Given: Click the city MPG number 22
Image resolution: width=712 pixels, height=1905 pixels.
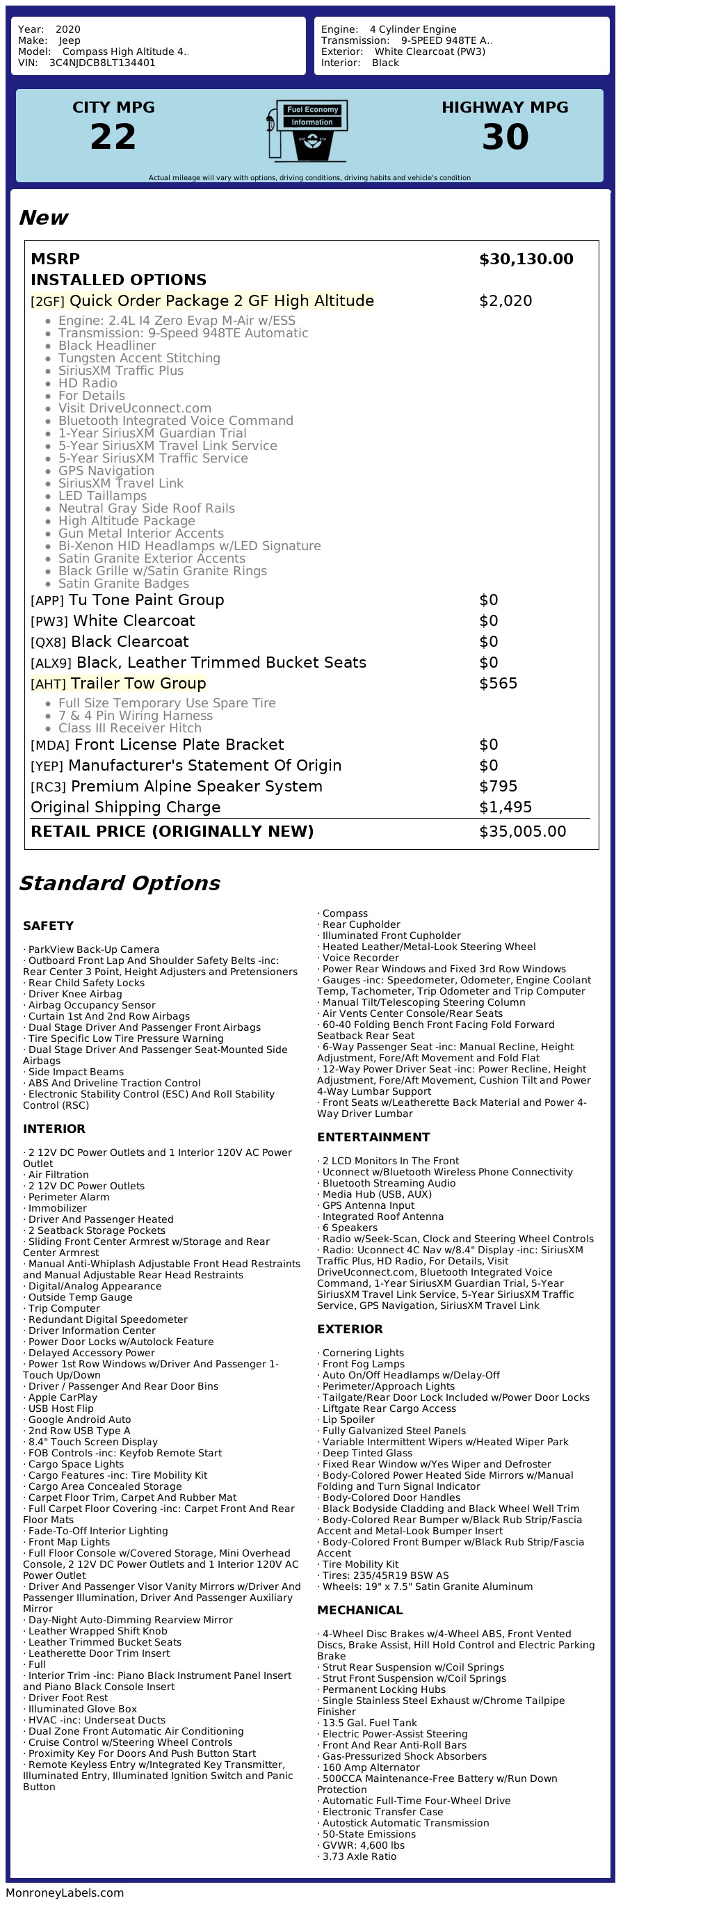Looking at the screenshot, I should (x=113, y=137).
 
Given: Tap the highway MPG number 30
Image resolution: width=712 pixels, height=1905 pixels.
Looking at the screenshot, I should (x=505, y=137).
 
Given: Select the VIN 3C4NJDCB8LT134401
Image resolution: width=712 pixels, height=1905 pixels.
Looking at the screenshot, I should (x=102, y=63).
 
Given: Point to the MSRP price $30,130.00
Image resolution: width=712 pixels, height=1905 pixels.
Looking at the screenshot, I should (x=526, y=259).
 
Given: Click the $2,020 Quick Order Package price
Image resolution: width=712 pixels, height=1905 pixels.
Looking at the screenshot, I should (x=505, y=301).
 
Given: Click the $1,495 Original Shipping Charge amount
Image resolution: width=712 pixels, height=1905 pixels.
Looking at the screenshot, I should (x=505, y=807).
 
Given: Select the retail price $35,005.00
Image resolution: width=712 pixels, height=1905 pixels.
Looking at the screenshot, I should (x=522, y=831).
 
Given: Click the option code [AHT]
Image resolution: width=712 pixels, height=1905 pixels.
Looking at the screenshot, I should (x=48, y=684).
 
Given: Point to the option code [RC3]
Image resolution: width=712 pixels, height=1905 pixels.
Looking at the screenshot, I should (x=48, y=787).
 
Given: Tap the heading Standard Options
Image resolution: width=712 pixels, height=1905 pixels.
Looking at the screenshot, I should (x=119, y=883).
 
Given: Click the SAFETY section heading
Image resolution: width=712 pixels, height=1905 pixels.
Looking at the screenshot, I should (x=48, y=926).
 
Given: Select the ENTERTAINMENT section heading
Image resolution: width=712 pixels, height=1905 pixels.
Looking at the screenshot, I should (x=373, y=1137).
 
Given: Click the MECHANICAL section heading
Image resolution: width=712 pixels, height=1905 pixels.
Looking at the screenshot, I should (x=360, y=1610).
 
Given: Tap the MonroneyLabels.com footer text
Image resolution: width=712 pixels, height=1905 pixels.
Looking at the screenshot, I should (x=65, y=1892).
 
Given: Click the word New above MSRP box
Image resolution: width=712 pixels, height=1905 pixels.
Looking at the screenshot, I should (x=43, y=218).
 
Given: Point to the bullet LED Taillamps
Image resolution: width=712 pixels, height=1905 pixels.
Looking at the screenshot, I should (x=102, y=496).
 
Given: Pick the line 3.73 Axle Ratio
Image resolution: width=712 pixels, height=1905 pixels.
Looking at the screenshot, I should (x=359, y=1856).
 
